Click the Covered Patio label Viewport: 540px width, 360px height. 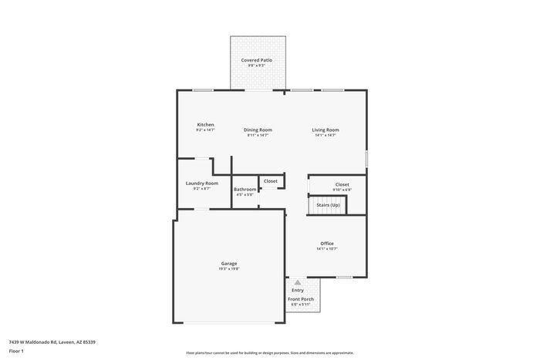[256, 59]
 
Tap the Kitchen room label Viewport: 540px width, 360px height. [205, 124]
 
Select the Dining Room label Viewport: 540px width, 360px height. [258, 130]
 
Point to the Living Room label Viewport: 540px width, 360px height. [325, 130]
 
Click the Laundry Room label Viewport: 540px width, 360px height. [201, 183]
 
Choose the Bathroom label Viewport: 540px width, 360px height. [245, 189]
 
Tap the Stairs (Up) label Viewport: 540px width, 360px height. [328, 205]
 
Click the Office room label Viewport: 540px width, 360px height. [327, 244]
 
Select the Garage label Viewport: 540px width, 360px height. [229, 263]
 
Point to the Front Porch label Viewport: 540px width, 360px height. [300, 298]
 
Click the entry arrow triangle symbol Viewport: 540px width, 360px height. [297, 283]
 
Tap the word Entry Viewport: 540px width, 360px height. [297, 290]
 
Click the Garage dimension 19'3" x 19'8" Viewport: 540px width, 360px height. [229, 269]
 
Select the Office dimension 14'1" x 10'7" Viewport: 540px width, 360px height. [327, 249]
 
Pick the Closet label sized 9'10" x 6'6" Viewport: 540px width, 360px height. [342, 184]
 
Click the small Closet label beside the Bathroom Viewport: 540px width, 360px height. [270, 181]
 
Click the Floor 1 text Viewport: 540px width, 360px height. [17, 351]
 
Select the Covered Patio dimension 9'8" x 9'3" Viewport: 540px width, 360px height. [256, 66]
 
